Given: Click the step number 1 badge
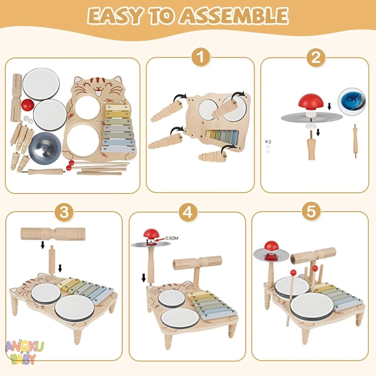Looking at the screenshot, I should [200, 57].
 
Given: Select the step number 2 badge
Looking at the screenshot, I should [316, 57].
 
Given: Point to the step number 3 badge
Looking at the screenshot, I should [64, 212].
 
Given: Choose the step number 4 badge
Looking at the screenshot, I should [188, 212].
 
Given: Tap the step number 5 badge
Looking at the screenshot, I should [311, 211].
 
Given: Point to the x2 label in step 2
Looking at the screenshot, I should [268, 142].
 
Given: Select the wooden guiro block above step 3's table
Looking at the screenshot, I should [53, 234].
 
